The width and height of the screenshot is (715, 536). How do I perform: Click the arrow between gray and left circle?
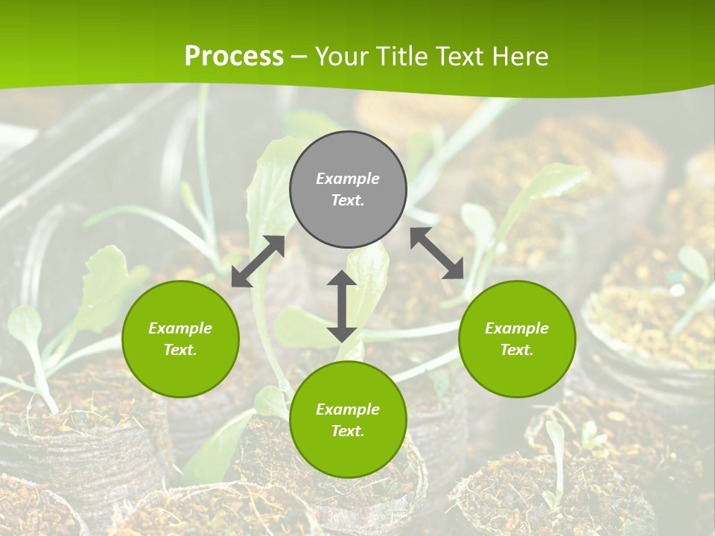click(258, 261)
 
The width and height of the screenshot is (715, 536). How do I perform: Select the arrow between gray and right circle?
click(437, 253)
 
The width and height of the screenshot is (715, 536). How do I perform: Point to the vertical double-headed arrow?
click(342, 306)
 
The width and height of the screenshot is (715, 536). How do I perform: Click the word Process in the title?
click(234, 56)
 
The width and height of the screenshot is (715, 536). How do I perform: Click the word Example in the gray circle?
click(348, 179)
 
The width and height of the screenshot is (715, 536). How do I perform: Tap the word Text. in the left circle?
click(180, 350)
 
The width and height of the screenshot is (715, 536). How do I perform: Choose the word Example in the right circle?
click(517, 328)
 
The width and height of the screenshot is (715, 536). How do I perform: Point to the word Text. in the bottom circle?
click(348, 431)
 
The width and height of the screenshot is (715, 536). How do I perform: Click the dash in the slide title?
click(299, 57)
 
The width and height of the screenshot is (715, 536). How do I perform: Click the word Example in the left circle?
click(180, 328)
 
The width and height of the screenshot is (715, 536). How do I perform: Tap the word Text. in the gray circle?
click(348, 200)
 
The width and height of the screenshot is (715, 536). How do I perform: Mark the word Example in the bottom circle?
click(348, 409)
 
